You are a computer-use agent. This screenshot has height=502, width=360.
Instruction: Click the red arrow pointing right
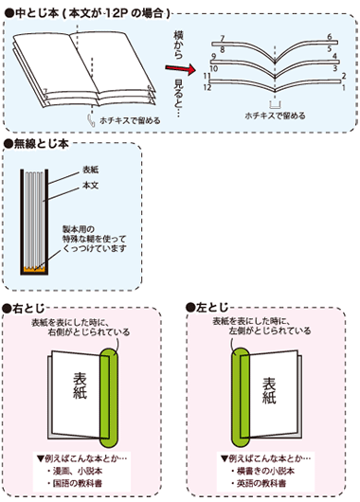pos(189,68)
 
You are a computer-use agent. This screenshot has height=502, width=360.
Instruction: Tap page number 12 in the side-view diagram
pos(206,88)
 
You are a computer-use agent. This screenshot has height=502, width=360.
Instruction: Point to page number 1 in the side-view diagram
pos(343,86)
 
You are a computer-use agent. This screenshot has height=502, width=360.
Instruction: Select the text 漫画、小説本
pos(78,470)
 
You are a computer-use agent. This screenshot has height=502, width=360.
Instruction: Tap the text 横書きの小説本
pos(264,470)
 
